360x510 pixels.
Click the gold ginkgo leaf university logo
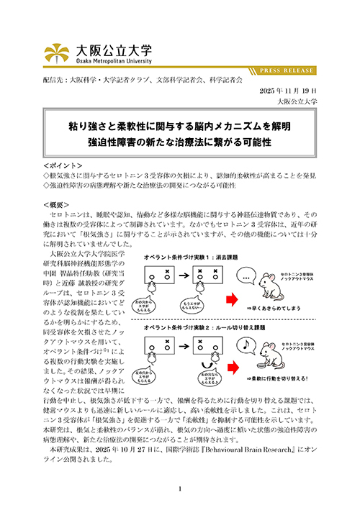click(58, 52)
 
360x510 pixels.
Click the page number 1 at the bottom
click(180, 489)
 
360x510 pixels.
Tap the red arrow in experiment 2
click(237, 373)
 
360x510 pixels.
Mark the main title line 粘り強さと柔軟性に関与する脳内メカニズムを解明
click(179, 126)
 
